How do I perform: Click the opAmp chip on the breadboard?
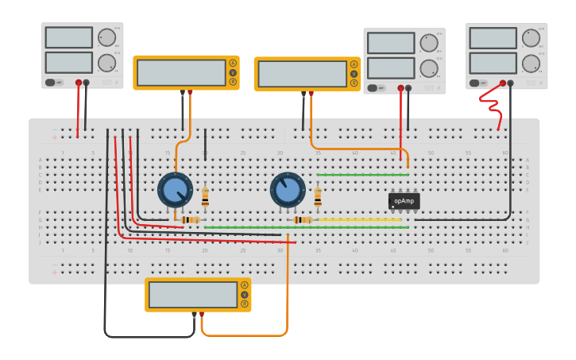click(x=404, y=201)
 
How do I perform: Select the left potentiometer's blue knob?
click(x=174, y=189)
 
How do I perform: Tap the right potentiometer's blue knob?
click(x=287, y=189)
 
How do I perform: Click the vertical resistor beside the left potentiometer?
click(x=205, y=195)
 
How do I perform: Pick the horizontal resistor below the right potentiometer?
click(x=303, y=220)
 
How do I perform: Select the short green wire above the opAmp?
click(x=362, y=175)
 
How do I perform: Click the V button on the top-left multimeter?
click(x=233, y=72)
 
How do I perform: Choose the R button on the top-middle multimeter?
click(x=354, y=83)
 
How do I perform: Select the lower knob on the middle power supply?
click(x=429, y=67)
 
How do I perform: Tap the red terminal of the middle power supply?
click(x=400, y=88)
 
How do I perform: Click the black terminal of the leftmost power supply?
click(x=87, y=82)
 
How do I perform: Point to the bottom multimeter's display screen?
click(x=193, y=295)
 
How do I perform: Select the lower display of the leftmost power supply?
click(x=69, y=62)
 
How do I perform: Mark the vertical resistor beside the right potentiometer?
click(x=318, y=195)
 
